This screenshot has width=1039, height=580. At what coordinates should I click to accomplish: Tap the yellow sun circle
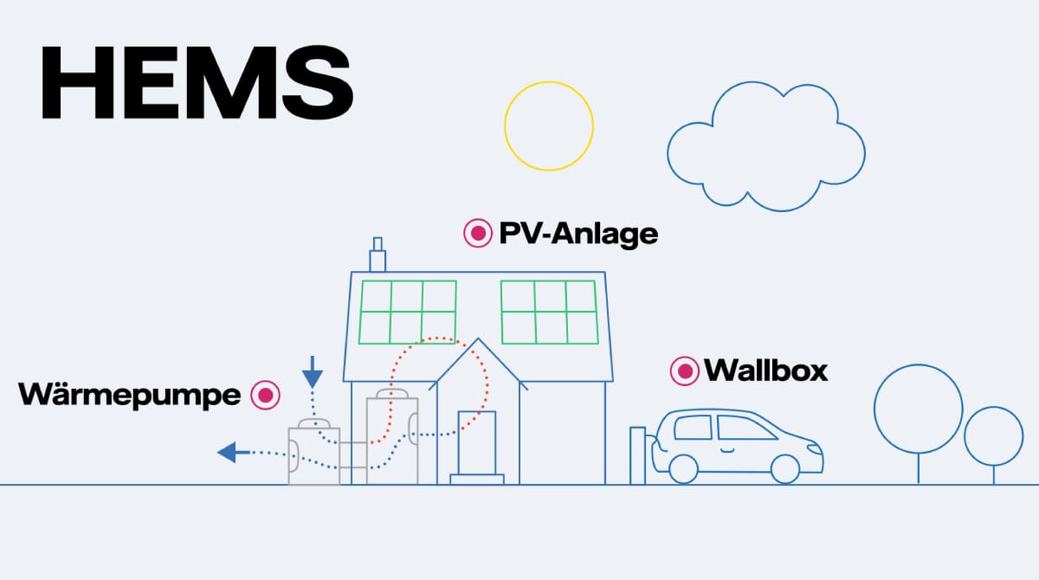(549, 126)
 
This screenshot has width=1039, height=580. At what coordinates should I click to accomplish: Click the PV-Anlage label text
(578, 233)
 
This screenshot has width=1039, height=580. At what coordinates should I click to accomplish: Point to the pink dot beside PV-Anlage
(477, 233)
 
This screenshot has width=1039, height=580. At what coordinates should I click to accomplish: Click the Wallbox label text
(766, 371)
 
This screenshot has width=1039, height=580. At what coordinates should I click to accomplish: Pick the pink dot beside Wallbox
(685, 371)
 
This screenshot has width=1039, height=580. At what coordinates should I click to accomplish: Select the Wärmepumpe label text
(130, 395)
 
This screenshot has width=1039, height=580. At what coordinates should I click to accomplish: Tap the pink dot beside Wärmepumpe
(265, 395)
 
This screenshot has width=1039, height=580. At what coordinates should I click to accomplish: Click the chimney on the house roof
(377, 257)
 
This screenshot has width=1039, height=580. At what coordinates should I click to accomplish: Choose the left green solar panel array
(407, 312)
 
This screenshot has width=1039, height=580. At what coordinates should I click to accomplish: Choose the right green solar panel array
(549, 312)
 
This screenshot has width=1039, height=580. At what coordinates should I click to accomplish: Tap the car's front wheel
(784, 469)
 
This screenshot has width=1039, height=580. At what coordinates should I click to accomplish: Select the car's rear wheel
(683, 469)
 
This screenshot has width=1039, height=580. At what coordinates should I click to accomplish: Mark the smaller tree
(994, 437)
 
